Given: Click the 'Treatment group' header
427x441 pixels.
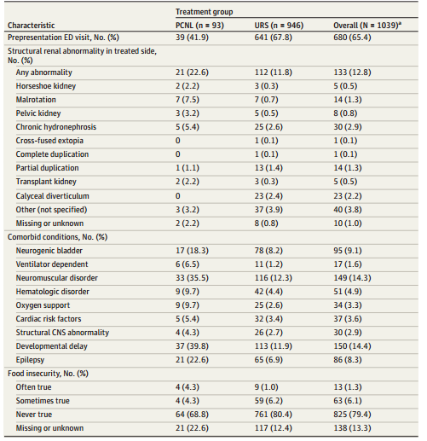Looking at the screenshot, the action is (x=205, y=12).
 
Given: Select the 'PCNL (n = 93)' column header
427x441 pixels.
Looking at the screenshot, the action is (x=199, y=26).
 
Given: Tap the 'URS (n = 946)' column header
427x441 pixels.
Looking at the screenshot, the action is (x=279, y=26).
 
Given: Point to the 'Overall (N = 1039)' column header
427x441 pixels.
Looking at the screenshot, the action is (x=367, y=26).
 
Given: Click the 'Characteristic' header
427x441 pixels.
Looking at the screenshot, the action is (x=32, y=26).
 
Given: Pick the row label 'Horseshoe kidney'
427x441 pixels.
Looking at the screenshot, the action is (x=46, y=86).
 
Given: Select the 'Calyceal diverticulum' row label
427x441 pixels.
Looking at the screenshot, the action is (x=53, y=196).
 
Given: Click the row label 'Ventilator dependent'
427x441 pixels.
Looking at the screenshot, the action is (x=52, y=264).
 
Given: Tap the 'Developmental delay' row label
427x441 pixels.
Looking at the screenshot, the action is (x=52, y=346).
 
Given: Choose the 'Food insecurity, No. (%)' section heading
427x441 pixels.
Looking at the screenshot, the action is (x=48, y=374).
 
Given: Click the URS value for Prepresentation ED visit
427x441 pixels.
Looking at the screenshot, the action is (x=274, y=38).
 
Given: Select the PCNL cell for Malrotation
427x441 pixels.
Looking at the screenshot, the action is (x=188, y=100).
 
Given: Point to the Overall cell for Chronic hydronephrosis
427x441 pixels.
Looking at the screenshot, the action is (x=348, y=127).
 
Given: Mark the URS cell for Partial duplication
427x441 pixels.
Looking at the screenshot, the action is (x=268, y=168).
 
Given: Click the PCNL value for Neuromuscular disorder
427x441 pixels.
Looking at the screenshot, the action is (x=192, y=278).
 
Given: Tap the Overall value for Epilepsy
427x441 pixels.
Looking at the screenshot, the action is (x=348, y=360).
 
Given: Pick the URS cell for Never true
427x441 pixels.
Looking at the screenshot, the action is (x=274, y=415).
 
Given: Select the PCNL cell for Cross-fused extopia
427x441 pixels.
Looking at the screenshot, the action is (x=178, y=141).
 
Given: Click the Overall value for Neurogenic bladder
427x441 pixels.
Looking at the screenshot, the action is (x=348, y=251).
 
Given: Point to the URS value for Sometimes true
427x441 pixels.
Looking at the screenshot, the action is (x=268, y=401).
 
